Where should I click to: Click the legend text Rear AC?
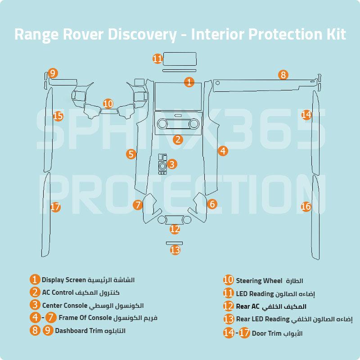click(248, 306)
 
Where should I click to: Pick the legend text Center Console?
click(65, 306)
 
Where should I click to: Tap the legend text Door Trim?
click(267, 333)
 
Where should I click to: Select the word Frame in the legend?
click(68, 318)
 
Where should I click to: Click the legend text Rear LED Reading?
click(263, 319)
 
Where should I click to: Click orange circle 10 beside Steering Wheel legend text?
click(229, 280)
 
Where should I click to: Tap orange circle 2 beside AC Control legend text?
click(35, 292)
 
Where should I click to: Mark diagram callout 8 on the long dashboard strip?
click(283, 75)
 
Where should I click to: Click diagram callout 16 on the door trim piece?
click(306, 207)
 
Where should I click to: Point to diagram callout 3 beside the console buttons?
click(172, 164)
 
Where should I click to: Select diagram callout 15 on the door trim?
click(58, 116)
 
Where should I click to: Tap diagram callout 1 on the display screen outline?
click(189, 82)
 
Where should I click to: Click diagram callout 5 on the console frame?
click(131, 154)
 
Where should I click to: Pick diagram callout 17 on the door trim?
click(55, 207)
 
